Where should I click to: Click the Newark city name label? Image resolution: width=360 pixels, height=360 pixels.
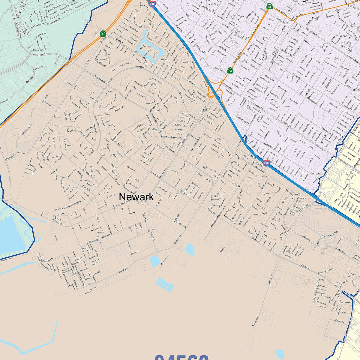click(136, 197)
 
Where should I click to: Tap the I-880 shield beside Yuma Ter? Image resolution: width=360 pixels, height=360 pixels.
click(266, 163)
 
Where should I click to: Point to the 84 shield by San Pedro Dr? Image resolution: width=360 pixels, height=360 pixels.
click(230, 70)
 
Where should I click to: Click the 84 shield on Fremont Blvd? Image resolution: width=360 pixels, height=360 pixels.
click(269, 6)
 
